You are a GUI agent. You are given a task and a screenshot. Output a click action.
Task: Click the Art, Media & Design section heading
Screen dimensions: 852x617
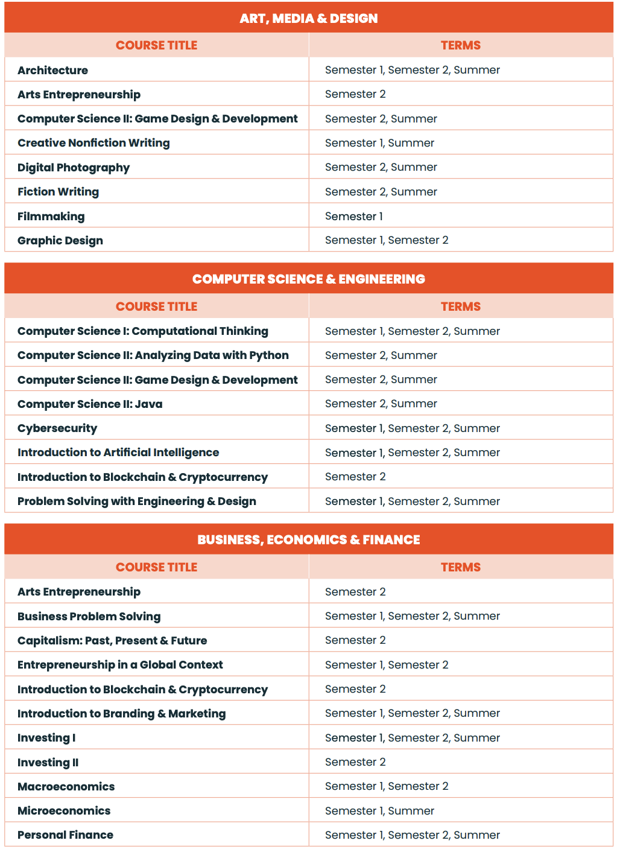point(308,18)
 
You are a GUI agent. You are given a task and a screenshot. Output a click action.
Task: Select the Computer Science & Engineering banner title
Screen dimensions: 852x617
point(308,279)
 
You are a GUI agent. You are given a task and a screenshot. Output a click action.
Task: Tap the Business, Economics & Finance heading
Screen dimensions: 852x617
point(308,539)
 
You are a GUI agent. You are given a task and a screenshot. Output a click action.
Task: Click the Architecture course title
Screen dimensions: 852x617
point(52,70)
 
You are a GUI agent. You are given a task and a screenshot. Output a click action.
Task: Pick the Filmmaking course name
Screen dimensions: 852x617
point(51,216)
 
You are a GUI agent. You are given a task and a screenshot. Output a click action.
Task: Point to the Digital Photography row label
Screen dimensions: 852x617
point(74,167)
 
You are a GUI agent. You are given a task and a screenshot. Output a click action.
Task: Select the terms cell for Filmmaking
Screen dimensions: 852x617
point(353,216)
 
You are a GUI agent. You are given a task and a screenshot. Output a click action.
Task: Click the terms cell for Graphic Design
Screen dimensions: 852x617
point(387,240)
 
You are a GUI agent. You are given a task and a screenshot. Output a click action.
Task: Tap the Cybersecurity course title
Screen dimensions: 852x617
point(57,428)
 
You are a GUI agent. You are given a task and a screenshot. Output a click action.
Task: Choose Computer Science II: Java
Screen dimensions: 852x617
point(90,404)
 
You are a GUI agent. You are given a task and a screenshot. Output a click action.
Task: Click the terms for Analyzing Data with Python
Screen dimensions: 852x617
point(381,355)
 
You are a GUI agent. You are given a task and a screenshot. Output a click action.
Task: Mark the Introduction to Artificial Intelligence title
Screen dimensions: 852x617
point(118,453)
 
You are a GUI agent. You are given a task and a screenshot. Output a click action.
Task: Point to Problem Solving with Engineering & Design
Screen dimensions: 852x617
point(137,501)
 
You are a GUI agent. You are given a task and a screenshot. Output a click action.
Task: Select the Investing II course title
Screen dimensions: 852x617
point(48,762)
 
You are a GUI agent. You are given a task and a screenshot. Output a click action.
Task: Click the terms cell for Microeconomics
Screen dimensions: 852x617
point(379,810)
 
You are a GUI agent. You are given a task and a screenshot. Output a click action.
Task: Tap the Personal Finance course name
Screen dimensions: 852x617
point(65,835)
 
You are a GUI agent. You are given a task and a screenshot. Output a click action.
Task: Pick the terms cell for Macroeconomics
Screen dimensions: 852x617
point(387,786)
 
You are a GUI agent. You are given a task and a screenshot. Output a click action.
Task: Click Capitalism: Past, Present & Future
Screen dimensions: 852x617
point(112,640)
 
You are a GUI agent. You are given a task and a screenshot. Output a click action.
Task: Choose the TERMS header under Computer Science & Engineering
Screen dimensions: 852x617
point(460,307)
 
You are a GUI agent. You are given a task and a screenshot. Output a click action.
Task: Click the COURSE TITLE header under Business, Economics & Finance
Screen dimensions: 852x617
point(156,567)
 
